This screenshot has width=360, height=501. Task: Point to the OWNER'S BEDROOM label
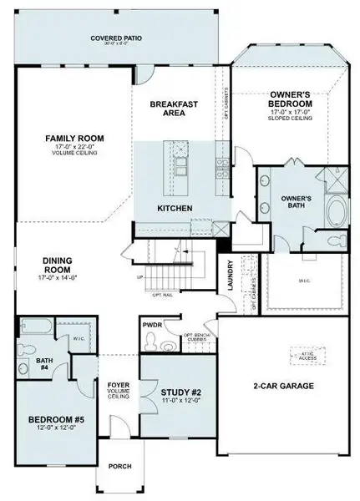coord(290,103)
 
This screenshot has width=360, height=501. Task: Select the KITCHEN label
coord(176,207)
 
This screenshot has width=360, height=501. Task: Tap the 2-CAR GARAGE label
coord(283,386)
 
